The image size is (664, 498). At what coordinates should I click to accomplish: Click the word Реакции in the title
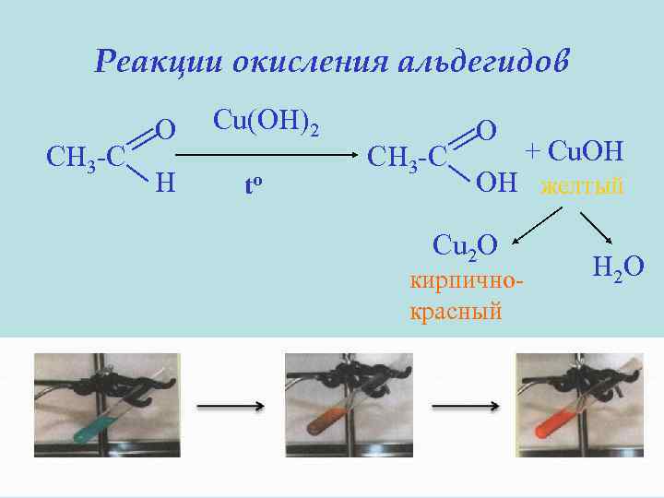(x=158, y=62)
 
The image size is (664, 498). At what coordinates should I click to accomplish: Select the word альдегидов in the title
(x=488, y=62)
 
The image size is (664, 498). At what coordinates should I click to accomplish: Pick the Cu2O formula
(x=465, y=244)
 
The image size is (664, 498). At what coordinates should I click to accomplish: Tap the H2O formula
(x=617, y=267)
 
